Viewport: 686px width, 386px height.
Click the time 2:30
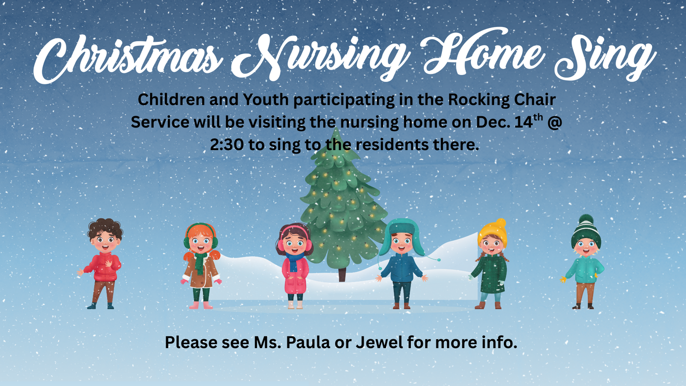(227, 145)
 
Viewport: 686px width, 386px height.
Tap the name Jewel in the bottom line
(379, 343)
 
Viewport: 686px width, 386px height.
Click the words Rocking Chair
(502, 99)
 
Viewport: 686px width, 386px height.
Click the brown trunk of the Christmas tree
(342, 275)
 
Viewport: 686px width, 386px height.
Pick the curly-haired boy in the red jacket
(103, 263)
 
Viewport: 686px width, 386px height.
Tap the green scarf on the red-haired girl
(200, 262)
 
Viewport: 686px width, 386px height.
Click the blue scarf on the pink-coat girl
(294, 261)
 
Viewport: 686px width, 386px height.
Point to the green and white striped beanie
(586, 231)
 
